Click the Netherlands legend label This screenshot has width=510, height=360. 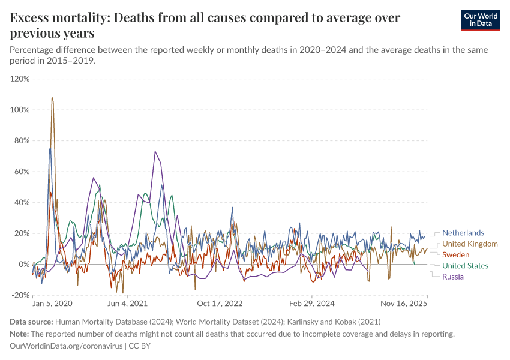(463, 233)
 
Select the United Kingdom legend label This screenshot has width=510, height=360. (470, 244)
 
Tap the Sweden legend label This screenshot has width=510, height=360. (456, 255)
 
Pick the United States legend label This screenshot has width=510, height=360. (465, 266)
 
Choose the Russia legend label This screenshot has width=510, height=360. (453, 277)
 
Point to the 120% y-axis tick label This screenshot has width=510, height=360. (20, 79)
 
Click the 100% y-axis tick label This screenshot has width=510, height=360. (20, 110)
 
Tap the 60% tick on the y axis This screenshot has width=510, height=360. (22, 172)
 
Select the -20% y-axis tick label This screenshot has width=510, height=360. (20, 295)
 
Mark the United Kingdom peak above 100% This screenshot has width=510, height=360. (52, 97)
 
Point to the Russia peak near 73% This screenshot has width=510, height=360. (155, 151)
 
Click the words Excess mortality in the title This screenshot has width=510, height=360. (58, 18)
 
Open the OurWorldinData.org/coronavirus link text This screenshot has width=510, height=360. (66, 346)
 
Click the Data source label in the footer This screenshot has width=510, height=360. (31, 322)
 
